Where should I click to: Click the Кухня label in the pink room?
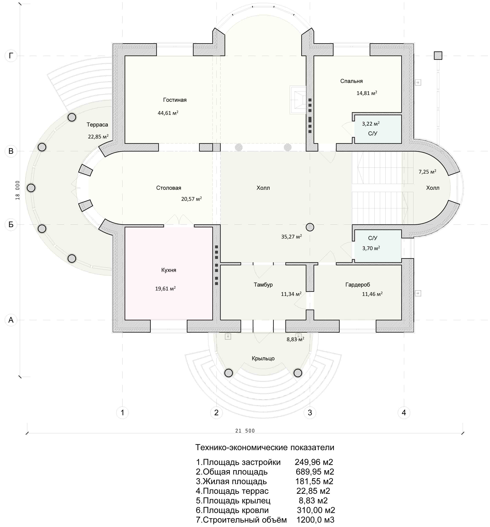point(169,270)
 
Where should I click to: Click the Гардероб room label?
point(357,285)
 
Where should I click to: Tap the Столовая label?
point(169,188)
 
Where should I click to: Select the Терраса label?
point(97,124)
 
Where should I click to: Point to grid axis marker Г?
point(11,56)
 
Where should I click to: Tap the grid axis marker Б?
point(11,224)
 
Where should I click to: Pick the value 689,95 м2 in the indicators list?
point(315,472)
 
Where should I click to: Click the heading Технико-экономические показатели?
point(265,447)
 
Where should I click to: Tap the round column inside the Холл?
point(310,227)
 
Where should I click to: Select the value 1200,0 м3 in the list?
point(315,520)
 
